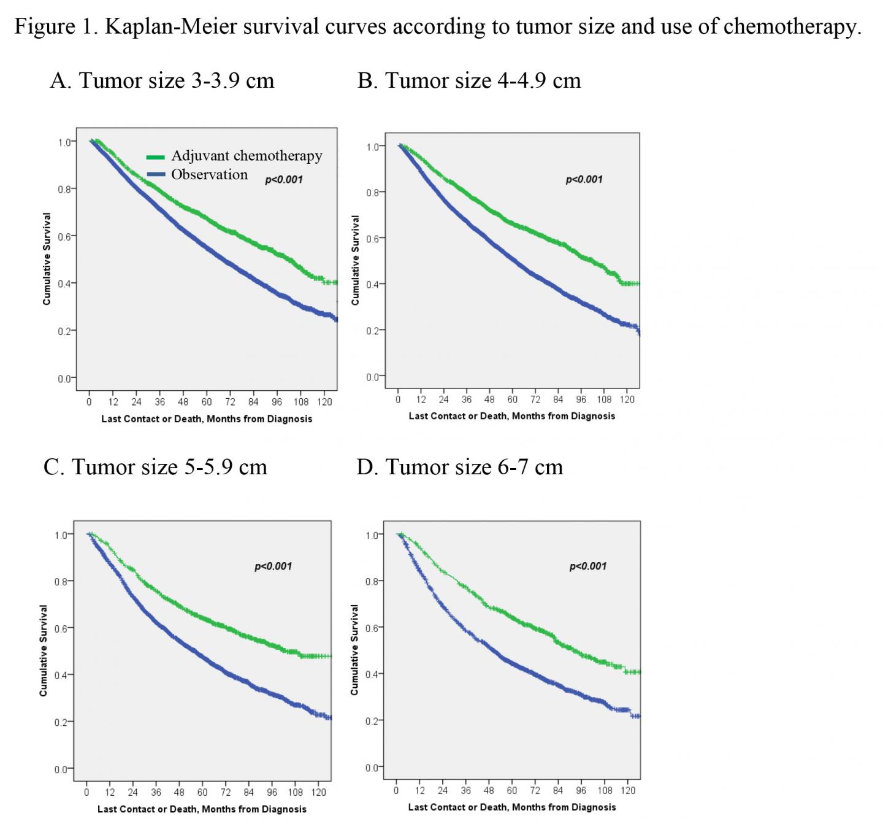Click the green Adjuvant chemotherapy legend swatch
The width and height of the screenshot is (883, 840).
[x=156, y=157]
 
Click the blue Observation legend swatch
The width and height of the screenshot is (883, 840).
[x=156, y=175]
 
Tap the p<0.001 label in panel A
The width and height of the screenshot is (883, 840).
[x=283, y=180]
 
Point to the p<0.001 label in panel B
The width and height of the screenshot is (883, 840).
[x=584, y=179]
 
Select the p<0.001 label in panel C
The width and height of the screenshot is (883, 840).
[x=273, y=566]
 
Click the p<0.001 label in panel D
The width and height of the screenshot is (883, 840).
[x=587, y=566]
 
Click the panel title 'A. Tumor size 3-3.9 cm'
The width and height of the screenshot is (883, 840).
[x=162, y=80]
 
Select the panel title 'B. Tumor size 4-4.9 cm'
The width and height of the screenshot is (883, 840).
[x=469, y=80]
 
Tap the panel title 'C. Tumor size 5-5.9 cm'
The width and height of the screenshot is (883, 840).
[x=155, y=467]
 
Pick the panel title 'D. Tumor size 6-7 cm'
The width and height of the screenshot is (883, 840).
[x=459, y=467]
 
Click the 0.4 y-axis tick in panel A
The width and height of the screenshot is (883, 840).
[x=64, y=283]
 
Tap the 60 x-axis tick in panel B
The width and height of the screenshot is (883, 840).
[x=512, y=399]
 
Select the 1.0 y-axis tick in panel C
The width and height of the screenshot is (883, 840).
[x=61, y=535]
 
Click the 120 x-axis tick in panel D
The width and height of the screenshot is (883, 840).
[x=628, y=790]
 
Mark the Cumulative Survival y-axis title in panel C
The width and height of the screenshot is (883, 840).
[x=44, y=650]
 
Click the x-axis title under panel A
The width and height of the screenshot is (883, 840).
[x=207, y=419]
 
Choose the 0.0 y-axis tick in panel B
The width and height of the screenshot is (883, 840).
[x=373, y=377]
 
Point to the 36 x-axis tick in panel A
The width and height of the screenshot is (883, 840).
[x=159, y=403]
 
